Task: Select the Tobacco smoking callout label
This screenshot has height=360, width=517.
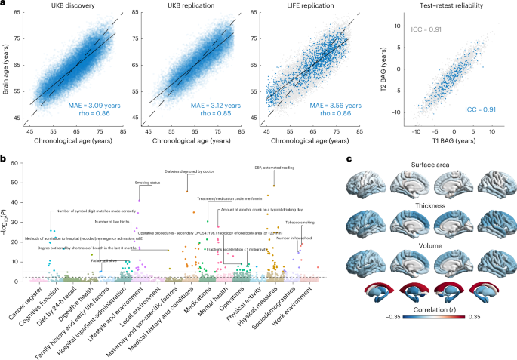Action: pyautogui.click(x=300, y=223)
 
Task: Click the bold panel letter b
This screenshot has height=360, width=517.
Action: pyautogui.click(x=5, y=159)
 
